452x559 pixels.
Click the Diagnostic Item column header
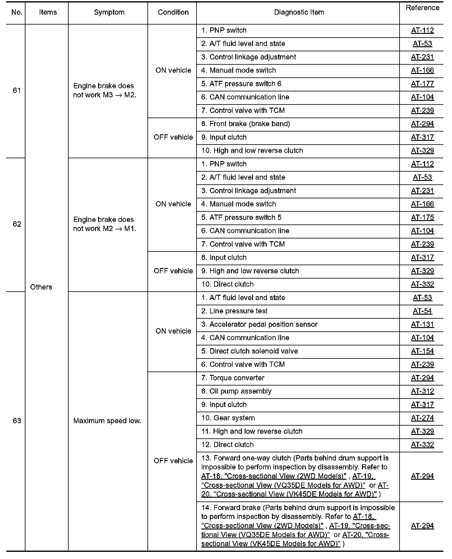tap(299, 12)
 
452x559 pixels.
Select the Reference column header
tap(422, 8)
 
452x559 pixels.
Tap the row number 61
tap(17, 90)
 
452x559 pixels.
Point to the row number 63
tap(17, 421)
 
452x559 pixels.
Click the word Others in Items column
tap(41, 287)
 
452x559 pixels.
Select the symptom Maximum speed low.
tap(107, 421)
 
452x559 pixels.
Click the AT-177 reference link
tap(422, 84)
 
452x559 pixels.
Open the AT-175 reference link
tap(422, 217)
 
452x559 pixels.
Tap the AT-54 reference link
tap(422, 311)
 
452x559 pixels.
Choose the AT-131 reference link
tap(422, 324)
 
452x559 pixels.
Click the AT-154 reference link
tap(422, 351)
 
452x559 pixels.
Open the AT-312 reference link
tap(422, 391)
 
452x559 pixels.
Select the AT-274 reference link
tap(422, 418)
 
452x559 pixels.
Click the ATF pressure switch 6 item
tap(241, 84)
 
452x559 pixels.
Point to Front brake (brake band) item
tap(246, 124)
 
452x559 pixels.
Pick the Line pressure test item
tap(234, 311)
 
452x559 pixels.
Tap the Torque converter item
tap(233, 378)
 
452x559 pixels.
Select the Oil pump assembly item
tap(236, 391)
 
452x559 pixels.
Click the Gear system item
tap(228, 418)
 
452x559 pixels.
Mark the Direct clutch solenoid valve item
tap(250, 351)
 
